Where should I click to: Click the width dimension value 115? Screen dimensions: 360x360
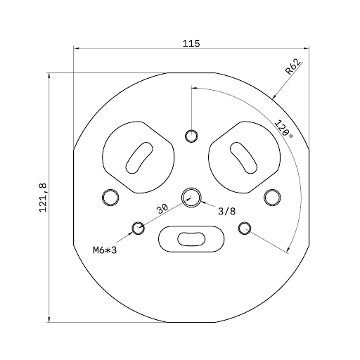pos(191,44)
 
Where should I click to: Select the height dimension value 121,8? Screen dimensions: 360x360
pos(43,197)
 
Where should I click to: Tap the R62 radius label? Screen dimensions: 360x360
pos(293,67)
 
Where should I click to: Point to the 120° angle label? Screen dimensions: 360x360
pos(283,130)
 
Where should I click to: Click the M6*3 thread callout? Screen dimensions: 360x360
pos(103,249)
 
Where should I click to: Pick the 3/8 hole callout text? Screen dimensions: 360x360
pos(227,210)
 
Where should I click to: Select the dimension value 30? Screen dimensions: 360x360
pos(162,209)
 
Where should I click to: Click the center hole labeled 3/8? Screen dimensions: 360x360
pos(191,198)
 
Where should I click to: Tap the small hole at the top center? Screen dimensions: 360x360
pos(191,136)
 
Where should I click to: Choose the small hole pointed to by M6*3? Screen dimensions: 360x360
pos(139,228)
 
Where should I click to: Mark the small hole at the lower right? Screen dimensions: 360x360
pos(245,228)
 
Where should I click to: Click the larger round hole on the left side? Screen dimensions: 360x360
pos(110,198)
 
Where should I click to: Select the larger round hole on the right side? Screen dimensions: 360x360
pos(271,198)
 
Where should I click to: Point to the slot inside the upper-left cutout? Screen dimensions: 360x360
pos(139,157)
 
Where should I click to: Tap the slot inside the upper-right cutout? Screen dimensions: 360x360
pos(243,157)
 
